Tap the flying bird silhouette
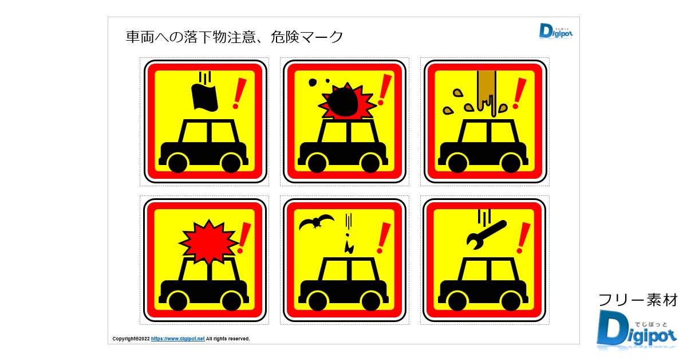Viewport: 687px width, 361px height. coord(317,222)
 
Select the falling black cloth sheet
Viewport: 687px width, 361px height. coord(204,97)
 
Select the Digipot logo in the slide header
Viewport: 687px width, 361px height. coord(555,31)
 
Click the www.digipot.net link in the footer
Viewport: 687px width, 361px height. coord(177,339)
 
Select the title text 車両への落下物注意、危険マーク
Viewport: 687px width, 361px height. coord(235,37)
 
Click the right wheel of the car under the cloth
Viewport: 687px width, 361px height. coord(230,163)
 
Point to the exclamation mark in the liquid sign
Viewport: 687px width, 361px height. coord(519,93)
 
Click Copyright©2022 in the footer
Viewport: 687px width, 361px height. coord(131,339)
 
